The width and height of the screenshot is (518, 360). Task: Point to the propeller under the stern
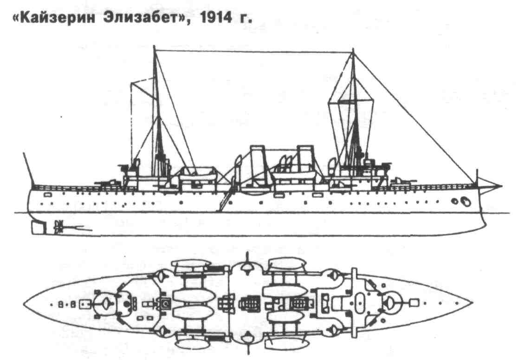click(59, 227)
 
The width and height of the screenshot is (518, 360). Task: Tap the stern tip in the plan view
click(24, 304)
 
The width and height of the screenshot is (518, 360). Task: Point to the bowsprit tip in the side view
click(501, 186)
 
